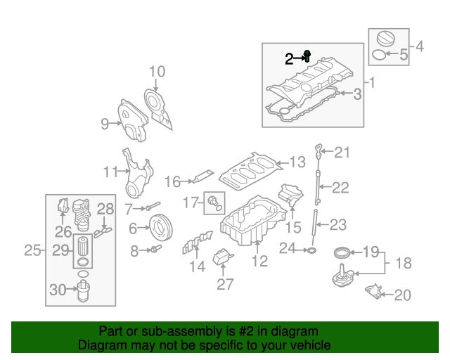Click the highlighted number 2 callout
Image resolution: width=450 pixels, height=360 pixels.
pyautogui.click(x=289, y=59)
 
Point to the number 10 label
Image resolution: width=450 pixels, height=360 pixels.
pyautogui.click(x=157, y=72)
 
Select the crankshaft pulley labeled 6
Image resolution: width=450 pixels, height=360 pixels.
pyautogui.click(x=161, y=227)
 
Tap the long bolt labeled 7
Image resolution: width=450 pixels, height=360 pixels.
pyautogui.click(x=154, y=207)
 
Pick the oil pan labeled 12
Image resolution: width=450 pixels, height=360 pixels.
pyautogui.click(x=246, y=224)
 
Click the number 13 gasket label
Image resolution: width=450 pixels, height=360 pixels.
pyautogui.click(x=297, y=162)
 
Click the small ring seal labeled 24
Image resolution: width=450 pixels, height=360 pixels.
pyautogui.click(x=311, y=249)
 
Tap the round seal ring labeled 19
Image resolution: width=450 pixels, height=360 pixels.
pyautogui.click(x=342, y=252)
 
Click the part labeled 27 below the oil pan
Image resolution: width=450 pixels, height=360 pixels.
pyautogui.click(x=224, y=259)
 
